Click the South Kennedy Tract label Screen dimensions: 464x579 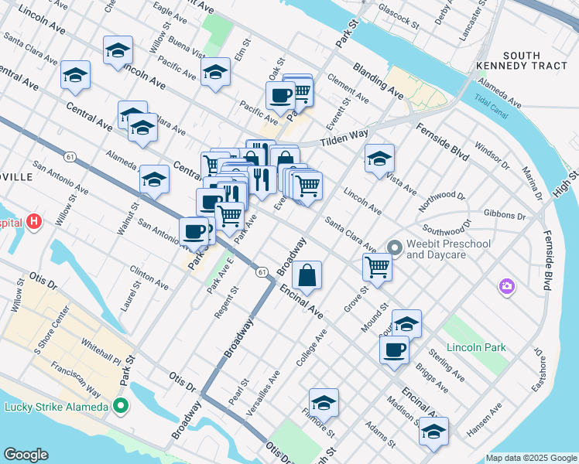tap(535, 61)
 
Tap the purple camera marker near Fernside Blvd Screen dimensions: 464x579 tap(507, 286)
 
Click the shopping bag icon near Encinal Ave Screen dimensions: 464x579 tap(307, 275)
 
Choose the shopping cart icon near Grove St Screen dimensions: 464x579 tap(377, 267)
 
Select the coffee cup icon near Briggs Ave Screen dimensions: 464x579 tap(394, 349)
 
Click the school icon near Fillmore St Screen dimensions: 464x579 tap(324, 402)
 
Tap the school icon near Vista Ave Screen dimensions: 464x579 tap(379, 159)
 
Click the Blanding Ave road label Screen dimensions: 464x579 tap(378, 80)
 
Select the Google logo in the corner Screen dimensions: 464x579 tap(26, 455)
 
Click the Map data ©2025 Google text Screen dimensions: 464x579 tap(530, 458)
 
